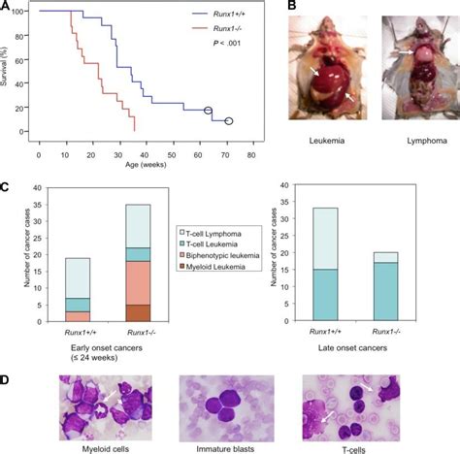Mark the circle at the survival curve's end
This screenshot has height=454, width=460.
[229, 121]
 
